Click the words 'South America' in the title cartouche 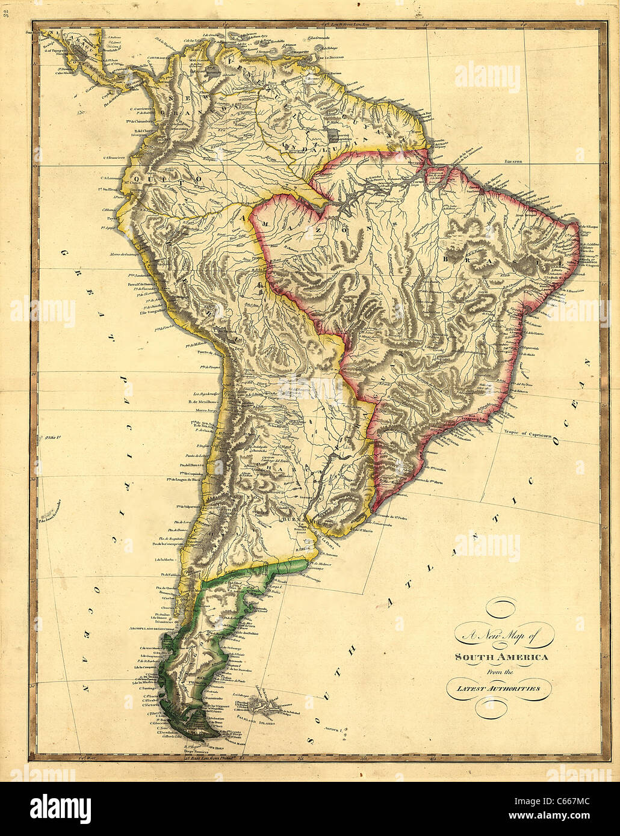[501, 657]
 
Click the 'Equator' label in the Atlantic [515, 162]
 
